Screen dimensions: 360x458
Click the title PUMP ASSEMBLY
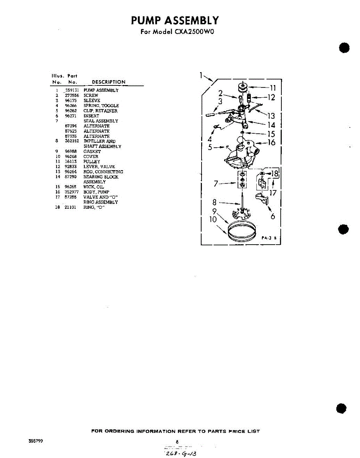click(x=175, y=20)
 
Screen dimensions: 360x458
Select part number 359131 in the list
click(x=72, y=90)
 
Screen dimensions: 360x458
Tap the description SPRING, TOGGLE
click(x=101, y=106)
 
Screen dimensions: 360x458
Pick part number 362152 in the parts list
click(x=72, y=141)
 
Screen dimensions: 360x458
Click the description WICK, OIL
click(x=94, y=187)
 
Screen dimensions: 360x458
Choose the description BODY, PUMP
click(x=96, y=192)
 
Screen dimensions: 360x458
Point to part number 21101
click(x=70, y=207)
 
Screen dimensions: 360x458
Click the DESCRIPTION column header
click(x=108, y=82)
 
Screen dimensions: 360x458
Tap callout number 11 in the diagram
click(x=273, y=89)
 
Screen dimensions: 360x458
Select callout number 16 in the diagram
click(x=271, y=143)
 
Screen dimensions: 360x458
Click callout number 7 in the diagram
click(x=216, y=184)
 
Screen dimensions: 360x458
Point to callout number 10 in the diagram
click(x=213, y=219)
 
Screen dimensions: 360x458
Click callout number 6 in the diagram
click(x=273, y=216)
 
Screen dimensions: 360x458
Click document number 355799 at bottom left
click(x=36, y=441)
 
